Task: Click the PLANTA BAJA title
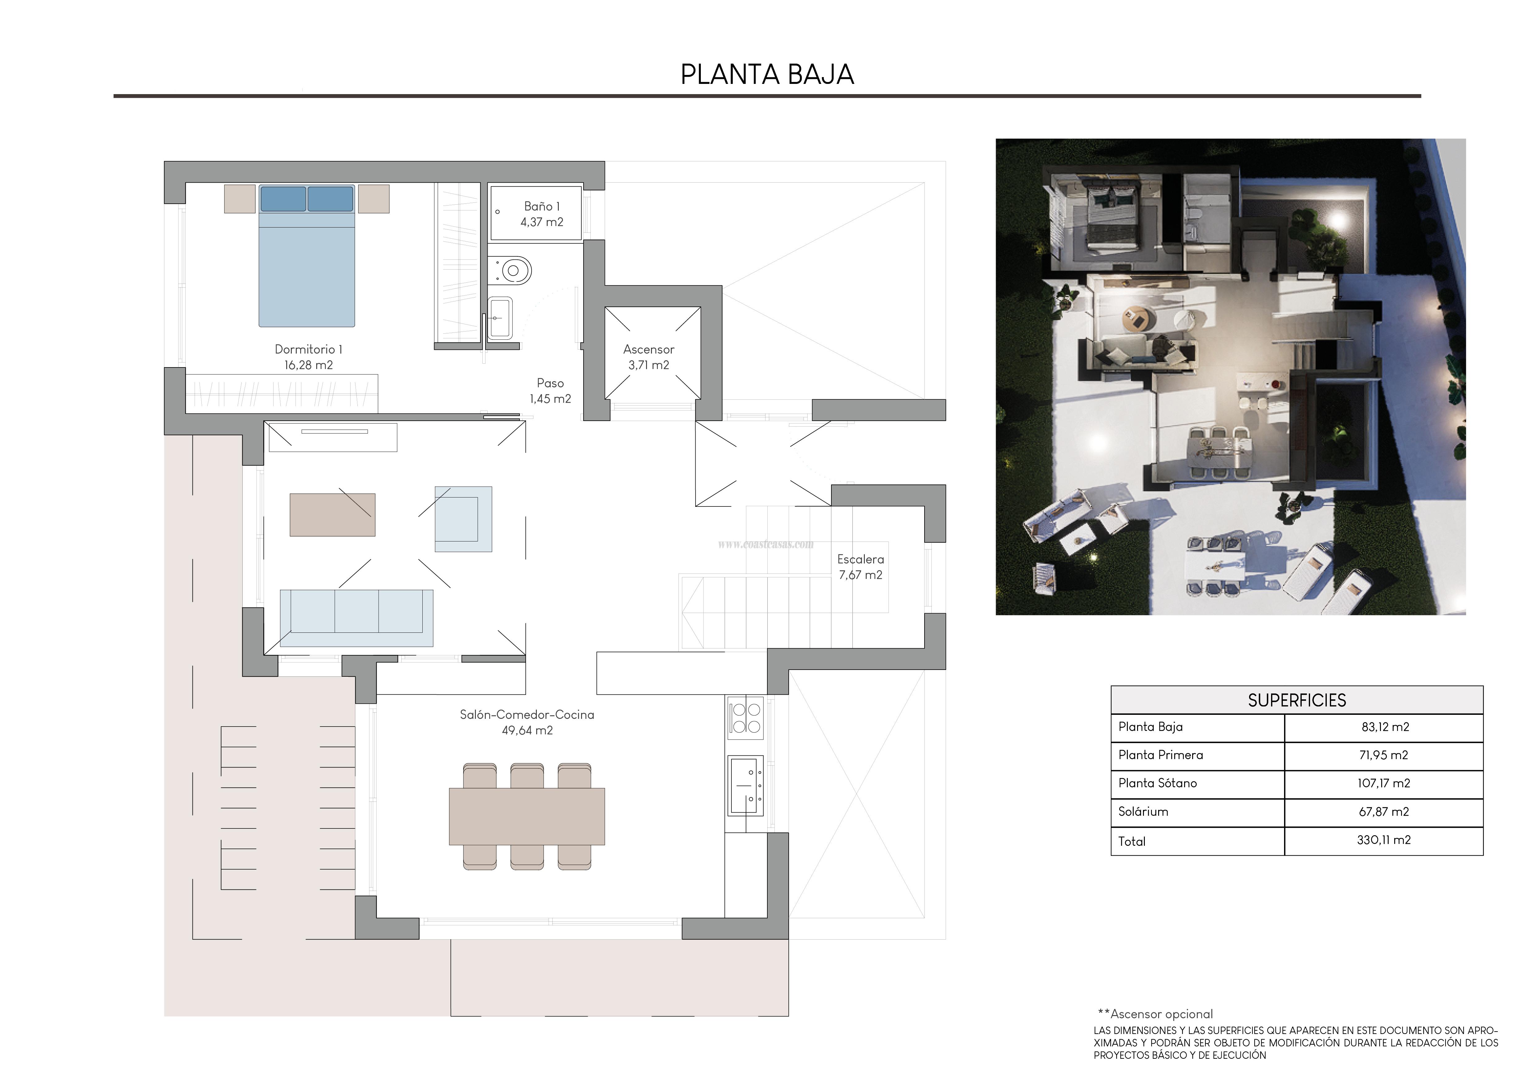tap(767, 74)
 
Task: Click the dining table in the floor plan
tap(527, 816)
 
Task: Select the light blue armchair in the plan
tap(463, 519)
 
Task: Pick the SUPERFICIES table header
tap(1296, 700)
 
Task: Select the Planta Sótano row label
tap(1157, 783)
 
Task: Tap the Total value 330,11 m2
tap(1383, 840)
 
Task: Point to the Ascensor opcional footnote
tap(1156, 1014)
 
